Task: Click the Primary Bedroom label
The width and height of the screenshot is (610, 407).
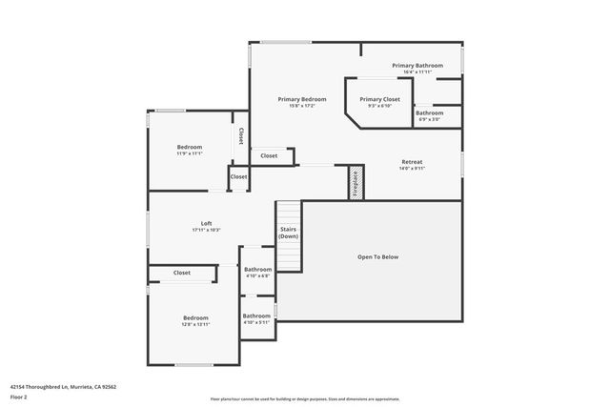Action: point(302,99)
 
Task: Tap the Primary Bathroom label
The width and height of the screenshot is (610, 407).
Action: point(417,66)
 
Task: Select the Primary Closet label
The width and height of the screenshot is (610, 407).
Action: point(378,99)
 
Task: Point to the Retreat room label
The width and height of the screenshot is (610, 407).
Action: point(412,162)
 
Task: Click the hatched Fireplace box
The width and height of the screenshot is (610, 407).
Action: point(356,181)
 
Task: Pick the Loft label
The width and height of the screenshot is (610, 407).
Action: point(206,223)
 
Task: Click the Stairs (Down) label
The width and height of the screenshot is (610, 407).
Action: point(288,233)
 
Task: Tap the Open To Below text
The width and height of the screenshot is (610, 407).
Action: point(377,257)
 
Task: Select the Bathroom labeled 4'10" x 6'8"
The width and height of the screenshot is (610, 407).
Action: point(257,270)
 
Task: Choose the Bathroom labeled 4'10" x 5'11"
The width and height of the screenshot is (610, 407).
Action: point(255,315)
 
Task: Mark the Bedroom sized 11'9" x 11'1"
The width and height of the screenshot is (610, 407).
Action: point(190,147)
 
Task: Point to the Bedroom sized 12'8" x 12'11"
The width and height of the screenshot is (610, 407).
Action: point(195,317)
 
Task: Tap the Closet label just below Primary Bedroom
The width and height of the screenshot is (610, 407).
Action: point(269,155)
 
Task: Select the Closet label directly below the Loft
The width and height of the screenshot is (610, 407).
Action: point(181,273)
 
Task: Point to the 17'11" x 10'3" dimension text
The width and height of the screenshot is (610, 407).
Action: point(206,230)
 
